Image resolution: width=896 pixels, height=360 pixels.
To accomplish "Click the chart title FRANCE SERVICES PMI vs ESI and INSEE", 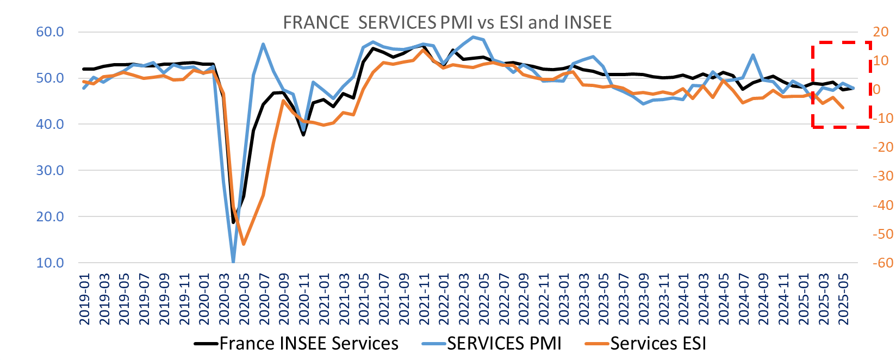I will coord(447,22).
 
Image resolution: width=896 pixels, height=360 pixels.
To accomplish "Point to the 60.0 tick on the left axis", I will coord(50,32).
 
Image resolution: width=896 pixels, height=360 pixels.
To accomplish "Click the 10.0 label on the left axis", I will coord(50,263).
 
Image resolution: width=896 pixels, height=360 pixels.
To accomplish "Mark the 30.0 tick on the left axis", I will coord(50,170).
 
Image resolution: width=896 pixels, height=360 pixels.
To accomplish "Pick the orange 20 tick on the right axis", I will coord(880,32).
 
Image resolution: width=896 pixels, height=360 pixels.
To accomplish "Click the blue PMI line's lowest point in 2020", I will coord(233,262).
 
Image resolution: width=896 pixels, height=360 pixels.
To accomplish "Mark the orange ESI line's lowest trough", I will coord(244,244).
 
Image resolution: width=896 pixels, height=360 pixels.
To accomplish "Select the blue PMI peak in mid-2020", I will coord(263,44).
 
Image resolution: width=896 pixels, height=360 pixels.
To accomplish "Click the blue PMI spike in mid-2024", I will coord(753,55).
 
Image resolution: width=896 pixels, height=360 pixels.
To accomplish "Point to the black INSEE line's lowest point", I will coord(233,222).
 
